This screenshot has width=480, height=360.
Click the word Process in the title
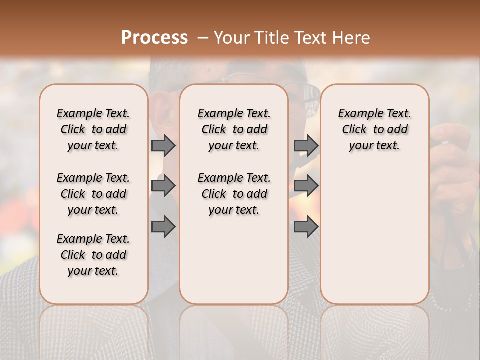pyautogui.click(x=154, y=38)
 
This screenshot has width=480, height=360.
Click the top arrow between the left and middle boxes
pyautogui.click(x=163, y=145)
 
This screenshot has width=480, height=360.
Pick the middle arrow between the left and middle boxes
pyautogui.click(x=163, y=186)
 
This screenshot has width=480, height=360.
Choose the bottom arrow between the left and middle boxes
pyautogui.click(x=163, y=227)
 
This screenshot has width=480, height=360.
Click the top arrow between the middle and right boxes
pyautogui.click(x=306, y=145)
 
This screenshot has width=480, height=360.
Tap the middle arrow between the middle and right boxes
pyautogui.click(x=306, y=186)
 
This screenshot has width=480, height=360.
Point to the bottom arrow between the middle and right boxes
pyautogui.click(x=306, y=227)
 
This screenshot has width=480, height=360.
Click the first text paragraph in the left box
pyautogui.click(x=93, y=129)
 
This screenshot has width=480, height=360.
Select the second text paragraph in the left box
pyautogui.click(x=93, y=194)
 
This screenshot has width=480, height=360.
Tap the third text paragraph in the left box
pyautogui.click(x=93, y=255)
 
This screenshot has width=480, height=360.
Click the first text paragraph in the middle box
pyautogui.click(x=234, y=129)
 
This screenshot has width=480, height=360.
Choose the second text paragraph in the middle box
pyautogui.click(x=234, y=194)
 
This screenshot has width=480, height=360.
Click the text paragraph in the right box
pyautogui.click(x=374, y=129)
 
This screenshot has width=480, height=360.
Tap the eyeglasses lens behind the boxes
pyautogui.click(x=310, y=100)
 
